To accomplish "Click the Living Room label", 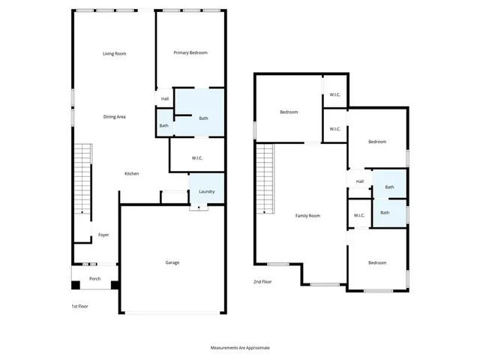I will pyautogui.click(x=114, y=53).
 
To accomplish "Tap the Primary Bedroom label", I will pyautogui.click(x=190, y=52).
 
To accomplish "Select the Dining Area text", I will pyautogui.click(x=114, y=116).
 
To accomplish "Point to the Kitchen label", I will pyautogui.click(x=131, y=174).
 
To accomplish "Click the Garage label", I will pyautogui.click(x=172, y=262).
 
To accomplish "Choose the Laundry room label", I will pyautogui.click(x=206, y=191).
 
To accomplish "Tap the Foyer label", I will pyautogui.click(x=103, y=235).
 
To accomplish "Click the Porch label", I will pyautogui.click(x=94, y=279).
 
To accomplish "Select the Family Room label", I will pyautogui.click(x=307, y=216).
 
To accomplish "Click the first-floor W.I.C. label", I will pyautogui.click(x=197, y=157).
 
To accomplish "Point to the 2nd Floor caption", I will pyautogui.click(x=262, y=281).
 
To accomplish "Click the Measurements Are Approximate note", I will pyautogui.click(x=239, y=348).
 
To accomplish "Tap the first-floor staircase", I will pyautogui.click(x=82, y=180).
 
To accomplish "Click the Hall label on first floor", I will pyautogui.click(x=164, y=98).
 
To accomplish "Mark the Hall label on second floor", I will pyautogui.click(x=359, y=181).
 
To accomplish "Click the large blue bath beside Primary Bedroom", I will pyautogui.click(x=202, y=118).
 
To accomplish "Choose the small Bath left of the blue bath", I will pyautogui.click(x=163, y=125).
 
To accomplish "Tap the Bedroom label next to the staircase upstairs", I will pyautogui.click(x=289, y=112).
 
